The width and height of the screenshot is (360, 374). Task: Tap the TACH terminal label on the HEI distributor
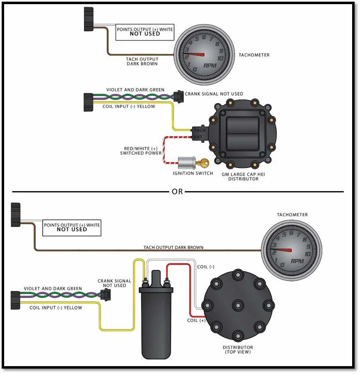pos(199,130)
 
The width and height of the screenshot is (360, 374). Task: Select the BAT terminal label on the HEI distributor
pos(199,136)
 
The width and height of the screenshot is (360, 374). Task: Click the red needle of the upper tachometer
pos(197,54)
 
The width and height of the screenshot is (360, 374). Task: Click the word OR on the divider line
pos(177,192)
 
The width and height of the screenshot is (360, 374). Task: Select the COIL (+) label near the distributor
pos(196,321)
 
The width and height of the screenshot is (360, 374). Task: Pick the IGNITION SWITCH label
pos(193,173)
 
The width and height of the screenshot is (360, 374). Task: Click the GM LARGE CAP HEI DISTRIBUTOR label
pos(243,177)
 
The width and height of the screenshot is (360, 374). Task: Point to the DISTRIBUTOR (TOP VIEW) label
pos(238,350)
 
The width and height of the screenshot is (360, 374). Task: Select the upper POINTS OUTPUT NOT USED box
pos(145,31)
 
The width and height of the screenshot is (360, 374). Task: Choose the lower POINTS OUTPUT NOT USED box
pos(72,227)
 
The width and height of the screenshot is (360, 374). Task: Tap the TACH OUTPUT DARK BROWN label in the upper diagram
pos(142,61)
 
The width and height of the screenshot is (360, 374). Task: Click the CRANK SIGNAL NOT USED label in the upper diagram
pos(214,94)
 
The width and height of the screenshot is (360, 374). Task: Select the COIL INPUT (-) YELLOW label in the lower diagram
pos(56,308)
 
